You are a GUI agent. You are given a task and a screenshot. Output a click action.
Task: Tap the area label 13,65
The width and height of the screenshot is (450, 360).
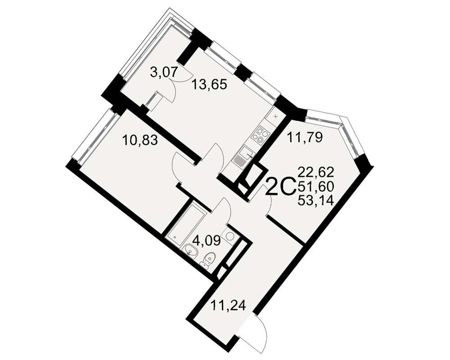coord(209,85)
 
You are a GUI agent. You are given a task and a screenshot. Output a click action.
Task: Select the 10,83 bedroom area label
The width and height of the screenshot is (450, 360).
coord(140,140)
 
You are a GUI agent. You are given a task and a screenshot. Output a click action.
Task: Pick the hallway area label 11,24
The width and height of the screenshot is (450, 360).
coord(229,305)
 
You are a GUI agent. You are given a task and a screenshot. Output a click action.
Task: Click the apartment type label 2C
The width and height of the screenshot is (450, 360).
coord(281,186)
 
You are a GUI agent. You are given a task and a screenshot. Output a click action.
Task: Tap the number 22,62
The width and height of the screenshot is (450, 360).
coord(316,172)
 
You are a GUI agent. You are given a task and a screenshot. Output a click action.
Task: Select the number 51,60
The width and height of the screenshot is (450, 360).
coord(316,187)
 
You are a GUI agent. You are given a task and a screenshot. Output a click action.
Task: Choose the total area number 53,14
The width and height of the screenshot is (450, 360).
coord(316,200)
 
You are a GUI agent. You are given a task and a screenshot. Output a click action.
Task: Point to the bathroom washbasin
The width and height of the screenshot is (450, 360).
coord(190,250)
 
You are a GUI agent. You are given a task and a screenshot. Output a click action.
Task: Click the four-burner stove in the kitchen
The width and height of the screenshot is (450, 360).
coord(261,135)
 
